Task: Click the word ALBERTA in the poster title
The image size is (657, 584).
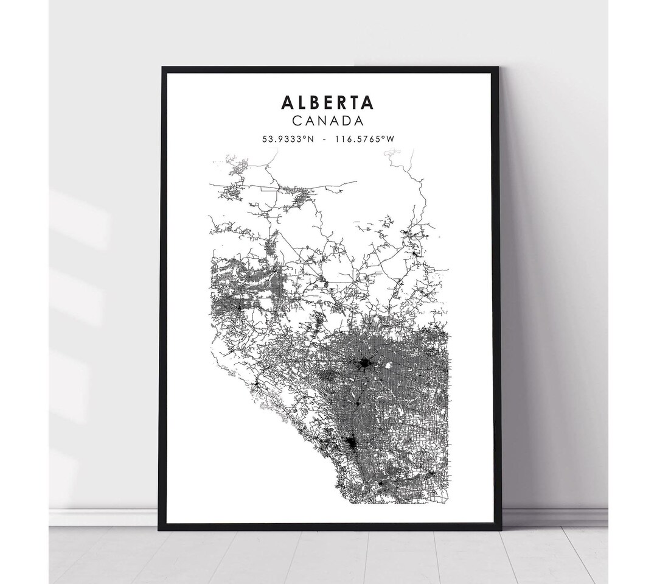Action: [327, 102]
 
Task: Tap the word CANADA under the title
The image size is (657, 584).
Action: [327, 121]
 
